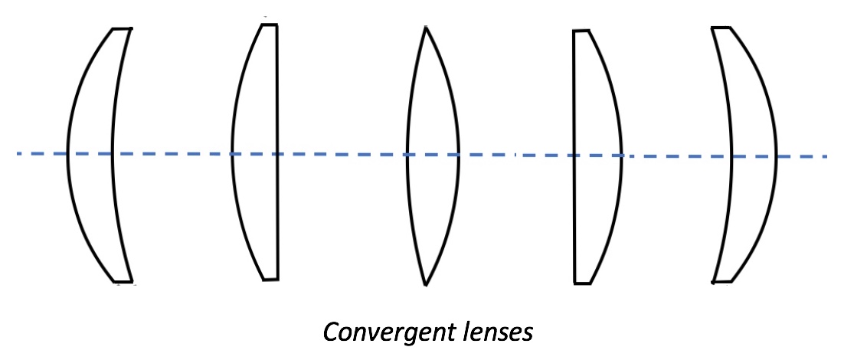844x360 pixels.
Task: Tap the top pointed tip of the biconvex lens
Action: pos(425,28)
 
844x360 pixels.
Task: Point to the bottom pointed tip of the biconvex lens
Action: pos(425,285)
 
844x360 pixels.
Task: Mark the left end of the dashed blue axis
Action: pos(18,154)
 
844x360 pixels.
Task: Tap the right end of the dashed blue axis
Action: pos(827,156)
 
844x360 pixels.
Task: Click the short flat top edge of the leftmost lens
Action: pos(122,29)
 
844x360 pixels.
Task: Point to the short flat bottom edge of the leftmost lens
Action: pos(123,281)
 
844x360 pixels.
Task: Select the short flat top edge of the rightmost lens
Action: pos(721,28)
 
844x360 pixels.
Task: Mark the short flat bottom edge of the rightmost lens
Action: pos(722,282)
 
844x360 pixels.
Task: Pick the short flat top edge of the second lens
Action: pos(269,25)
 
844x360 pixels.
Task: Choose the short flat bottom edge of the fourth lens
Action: pos(583,283)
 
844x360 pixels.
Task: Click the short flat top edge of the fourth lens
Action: pos(581,31)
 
